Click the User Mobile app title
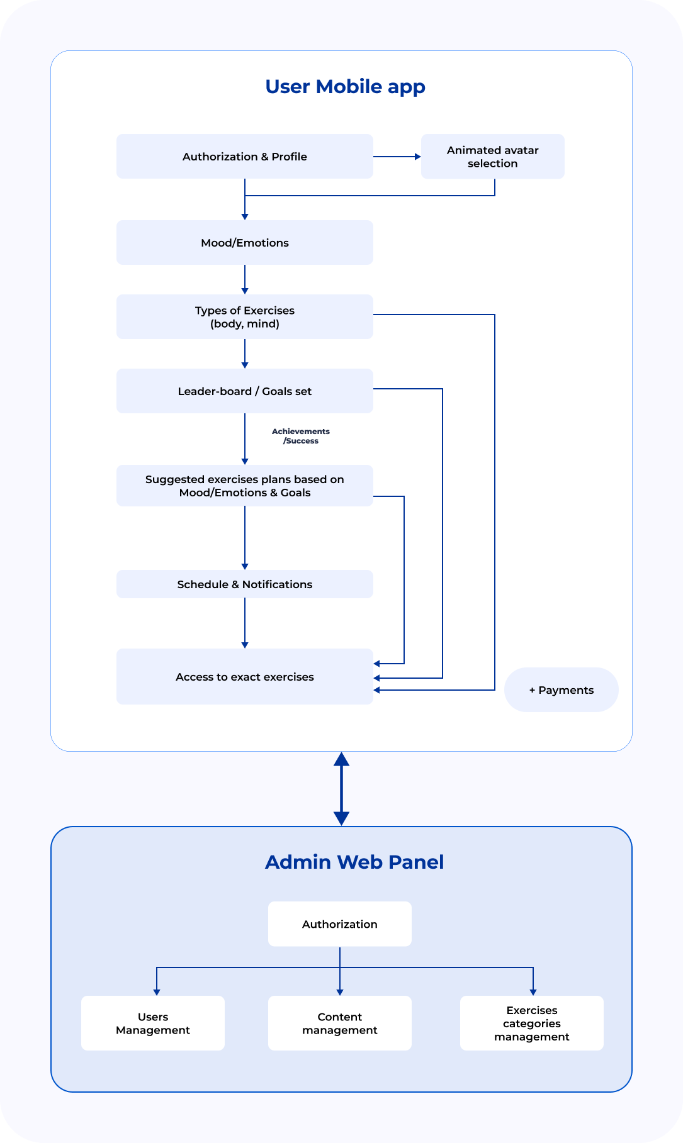[345, 87]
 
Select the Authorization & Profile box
[245, 156]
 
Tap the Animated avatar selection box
[493, 156]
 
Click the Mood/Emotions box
[245, 242]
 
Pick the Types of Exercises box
[245, 316]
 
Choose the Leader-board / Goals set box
[245, 391]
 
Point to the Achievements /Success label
[301, 436]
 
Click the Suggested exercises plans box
[245, 486]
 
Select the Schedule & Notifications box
[245, 584]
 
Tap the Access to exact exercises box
[245, 676]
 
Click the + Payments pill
[562, 689]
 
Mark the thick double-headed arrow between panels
[341, 789]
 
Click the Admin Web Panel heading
[354, 862]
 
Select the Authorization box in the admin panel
[340, 923]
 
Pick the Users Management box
[153, 1023]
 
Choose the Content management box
[340, 1023]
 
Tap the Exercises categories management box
[532, 1023]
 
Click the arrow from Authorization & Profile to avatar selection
[397, 157]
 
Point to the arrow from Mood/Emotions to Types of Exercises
[245, 279]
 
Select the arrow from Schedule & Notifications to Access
[245, 623]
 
